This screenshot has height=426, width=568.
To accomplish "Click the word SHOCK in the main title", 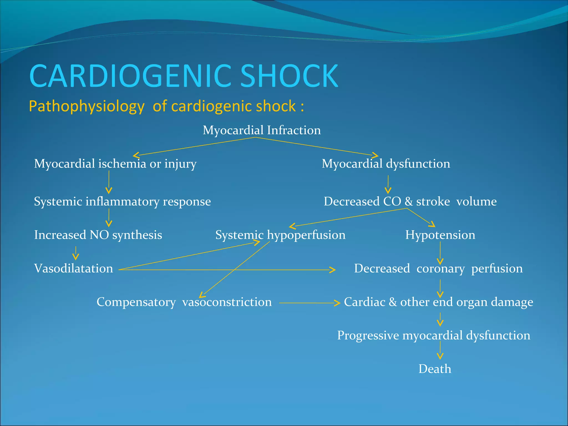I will [x=289, y=76].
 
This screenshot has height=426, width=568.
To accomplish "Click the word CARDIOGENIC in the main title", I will [x=130, y=76].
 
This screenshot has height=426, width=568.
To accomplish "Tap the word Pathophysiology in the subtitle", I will [x=87, y=106].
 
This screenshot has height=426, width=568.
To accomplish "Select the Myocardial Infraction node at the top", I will [x=262, y=130].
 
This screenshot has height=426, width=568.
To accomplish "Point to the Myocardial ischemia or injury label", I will [x=115, y=164].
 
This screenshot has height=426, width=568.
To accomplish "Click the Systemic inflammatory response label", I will [x=122, y=201].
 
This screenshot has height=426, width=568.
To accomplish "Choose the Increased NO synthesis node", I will [x=98, y=235].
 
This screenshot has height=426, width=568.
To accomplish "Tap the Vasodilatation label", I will [x=73, y=268].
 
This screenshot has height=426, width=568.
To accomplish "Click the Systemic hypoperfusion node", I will [x=280, y=235].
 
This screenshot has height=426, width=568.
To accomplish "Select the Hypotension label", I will [x=440, y=235].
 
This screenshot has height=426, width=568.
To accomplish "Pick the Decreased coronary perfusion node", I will [x=438, y=268].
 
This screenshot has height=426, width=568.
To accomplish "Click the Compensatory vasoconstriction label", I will [x=184, y=302].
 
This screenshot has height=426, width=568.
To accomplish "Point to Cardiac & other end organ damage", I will [x=438, y=302].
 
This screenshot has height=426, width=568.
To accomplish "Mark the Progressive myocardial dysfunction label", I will [x=433, y=336].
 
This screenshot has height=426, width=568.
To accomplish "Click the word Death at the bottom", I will [x=435, y=369].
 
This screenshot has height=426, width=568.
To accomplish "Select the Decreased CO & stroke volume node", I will [x=410, y=201].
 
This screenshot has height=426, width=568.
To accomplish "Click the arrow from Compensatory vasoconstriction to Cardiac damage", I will [x=309, y=303].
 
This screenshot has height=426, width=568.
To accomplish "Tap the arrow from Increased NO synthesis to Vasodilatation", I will [x=76, y=253].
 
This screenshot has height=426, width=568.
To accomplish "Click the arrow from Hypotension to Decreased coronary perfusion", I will [x=440, y=253].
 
